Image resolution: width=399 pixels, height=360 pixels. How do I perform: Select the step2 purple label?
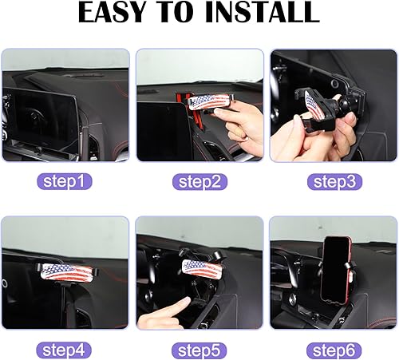(199, 181)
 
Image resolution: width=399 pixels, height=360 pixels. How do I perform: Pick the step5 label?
(199, 348)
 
